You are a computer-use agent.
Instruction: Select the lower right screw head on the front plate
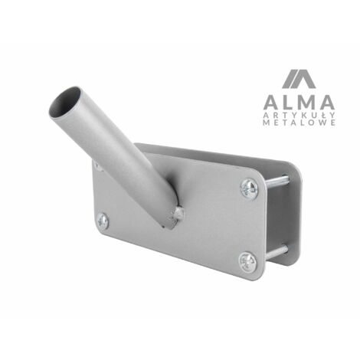[x=248, y=262]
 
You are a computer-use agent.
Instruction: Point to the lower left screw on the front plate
[x=103, y=221]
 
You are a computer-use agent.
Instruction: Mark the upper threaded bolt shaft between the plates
[x=277, y=182]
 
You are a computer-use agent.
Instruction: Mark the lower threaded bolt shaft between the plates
[x=277, y=252]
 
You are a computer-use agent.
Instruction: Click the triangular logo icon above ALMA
[x=299, y=79]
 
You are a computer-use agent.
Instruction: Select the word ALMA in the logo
[x=299, y=102]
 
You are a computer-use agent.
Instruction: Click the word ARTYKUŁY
[x=299, y=115]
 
